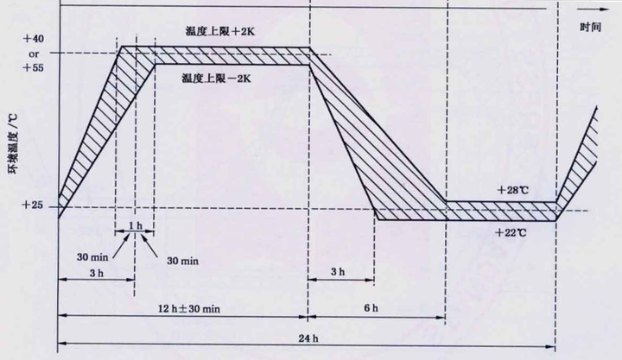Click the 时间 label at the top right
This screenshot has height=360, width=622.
pos(590,27)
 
